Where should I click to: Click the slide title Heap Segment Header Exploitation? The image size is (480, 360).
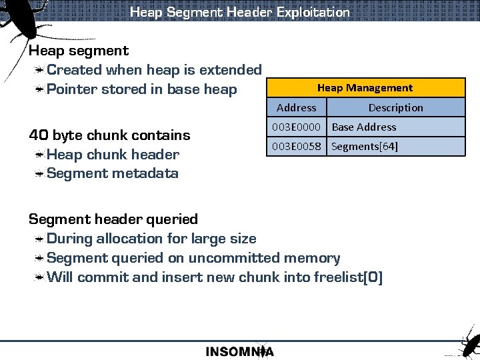(x=239, y=12)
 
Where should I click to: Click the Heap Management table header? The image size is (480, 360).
(x=365, y=88)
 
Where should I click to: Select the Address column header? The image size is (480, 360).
(x=296, y=107)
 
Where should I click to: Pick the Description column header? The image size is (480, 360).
(x=395, y=107)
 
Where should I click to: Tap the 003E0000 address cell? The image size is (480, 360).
(x=296, y=127)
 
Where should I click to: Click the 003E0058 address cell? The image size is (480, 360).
(x=296, y=146)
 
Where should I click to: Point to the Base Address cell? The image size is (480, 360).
(x=364, y=127)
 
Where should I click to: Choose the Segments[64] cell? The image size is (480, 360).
(x=365, y=146)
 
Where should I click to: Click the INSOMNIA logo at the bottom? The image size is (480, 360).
(x=239, y=351)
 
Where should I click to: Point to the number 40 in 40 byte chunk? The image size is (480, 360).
(x=38, y=135)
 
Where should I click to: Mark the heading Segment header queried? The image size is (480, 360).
(x=113, y=219)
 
